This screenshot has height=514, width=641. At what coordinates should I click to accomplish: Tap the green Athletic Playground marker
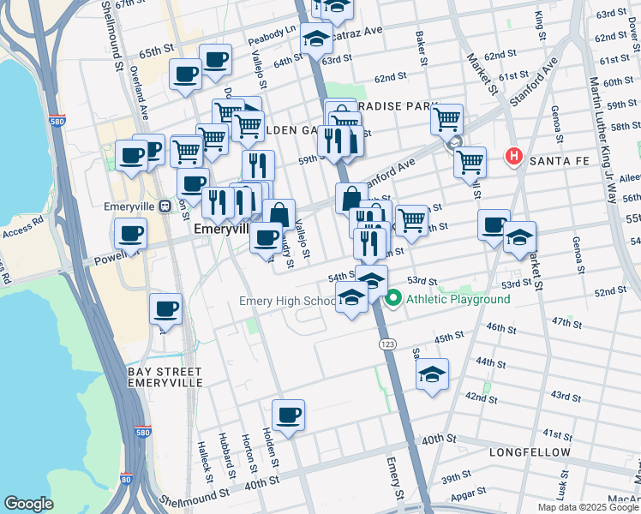(394, 299)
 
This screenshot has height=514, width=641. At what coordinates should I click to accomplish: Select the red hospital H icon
(514, 157)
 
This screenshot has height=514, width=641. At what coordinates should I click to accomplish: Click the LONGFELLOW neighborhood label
(530, 451)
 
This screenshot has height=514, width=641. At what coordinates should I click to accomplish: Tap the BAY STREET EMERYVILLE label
(165, 377)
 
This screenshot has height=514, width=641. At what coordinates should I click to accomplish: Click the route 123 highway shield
(386, 343)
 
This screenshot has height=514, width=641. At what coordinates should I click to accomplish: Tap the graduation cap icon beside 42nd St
(433, 374)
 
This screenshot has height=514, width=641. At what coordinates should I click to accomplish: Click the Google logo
(28, 504)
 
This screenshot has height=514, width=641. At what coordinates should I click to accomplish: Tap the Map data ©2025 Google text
(588, 507)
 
